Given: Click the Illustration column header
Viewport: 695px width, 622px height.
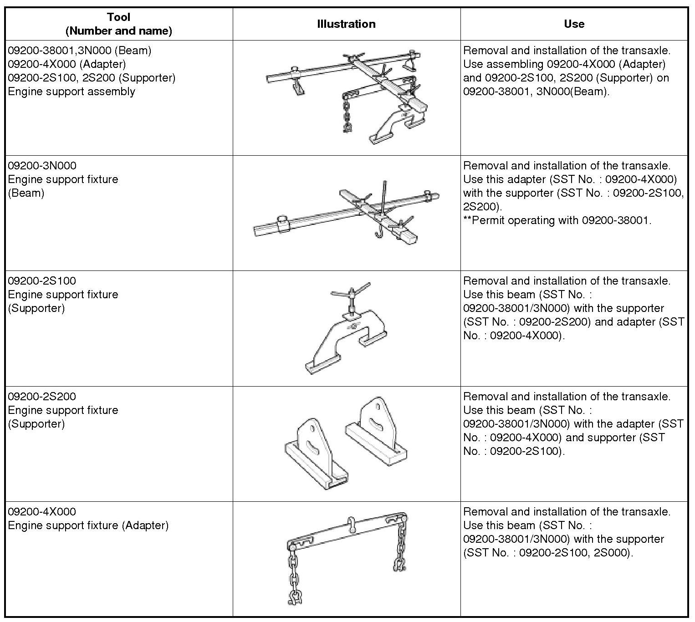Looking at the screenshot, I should pyautogui.click(x=346, y=24).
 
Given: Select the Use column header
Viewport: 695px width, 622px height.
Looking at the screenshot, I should pyautogui.click(x=574, y=24).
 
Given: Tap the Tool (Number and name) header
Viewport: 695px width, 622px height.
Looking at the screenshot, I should pyautogui.click(x=118, y=24).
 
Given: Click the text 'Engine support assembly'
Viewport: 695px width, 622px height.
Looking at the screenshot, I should pyautogui.click(x=72, y=92).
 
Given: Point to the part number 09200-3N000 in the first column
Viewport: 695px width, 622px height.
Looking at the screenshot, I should pyautogui.click(x=42, y=166).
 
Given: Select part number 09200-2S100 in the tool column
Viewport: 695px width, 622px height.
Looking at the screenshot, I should pyautogui.click(x=42, y=281).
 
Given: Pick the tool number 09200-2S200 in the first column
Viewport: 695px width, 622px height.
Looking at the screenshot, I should pyautogui.click(x=42, y=397).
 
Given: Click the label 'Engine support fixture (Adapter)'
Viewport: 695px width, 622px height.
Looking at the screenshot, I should pyautogui.click(x=88, y=525).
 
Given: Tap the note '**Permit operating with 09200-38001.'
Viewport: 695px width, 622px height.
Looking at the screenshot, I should pyautogui.click(x=557, y=220).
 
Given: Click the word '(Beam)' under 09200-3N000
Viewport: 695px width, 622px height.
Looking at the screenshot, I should pyautogui.click(x=26, y=193).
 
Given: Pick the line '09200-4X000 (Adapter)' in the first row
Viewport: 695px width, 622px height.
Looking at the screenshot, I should pyautogui.click(x=67, y=64).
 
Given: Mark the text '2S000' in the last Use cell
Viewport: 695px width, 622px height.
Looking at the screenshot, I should pyautogui.click(x=615, y=553).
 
